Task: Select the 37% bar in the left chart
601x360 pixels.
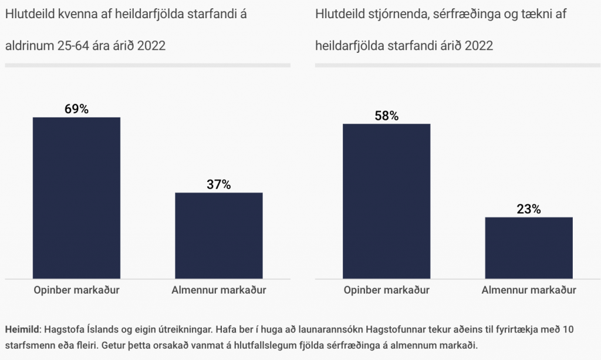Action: click(219, 235)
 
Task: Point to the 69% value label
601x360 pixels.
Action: click(76, 109)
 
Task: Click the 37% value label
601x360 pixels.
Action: click(219, 184)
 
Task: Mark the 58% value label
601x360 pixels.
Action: click(387, 116)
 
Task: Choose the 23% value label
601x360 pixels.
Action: click(529, 209)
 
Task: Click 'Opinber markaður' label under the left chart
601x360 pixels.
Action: click(76, 290)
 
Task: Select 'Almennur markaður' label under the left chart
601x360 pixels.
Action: click(219, 290)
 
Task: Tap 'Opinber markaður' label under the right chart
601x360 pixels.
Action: click(387, 290)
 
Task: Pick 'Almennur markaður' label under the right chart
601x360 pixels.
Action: click(529, 290)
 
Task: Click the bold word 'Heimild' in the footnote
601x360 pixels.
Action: click(22, 330)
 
